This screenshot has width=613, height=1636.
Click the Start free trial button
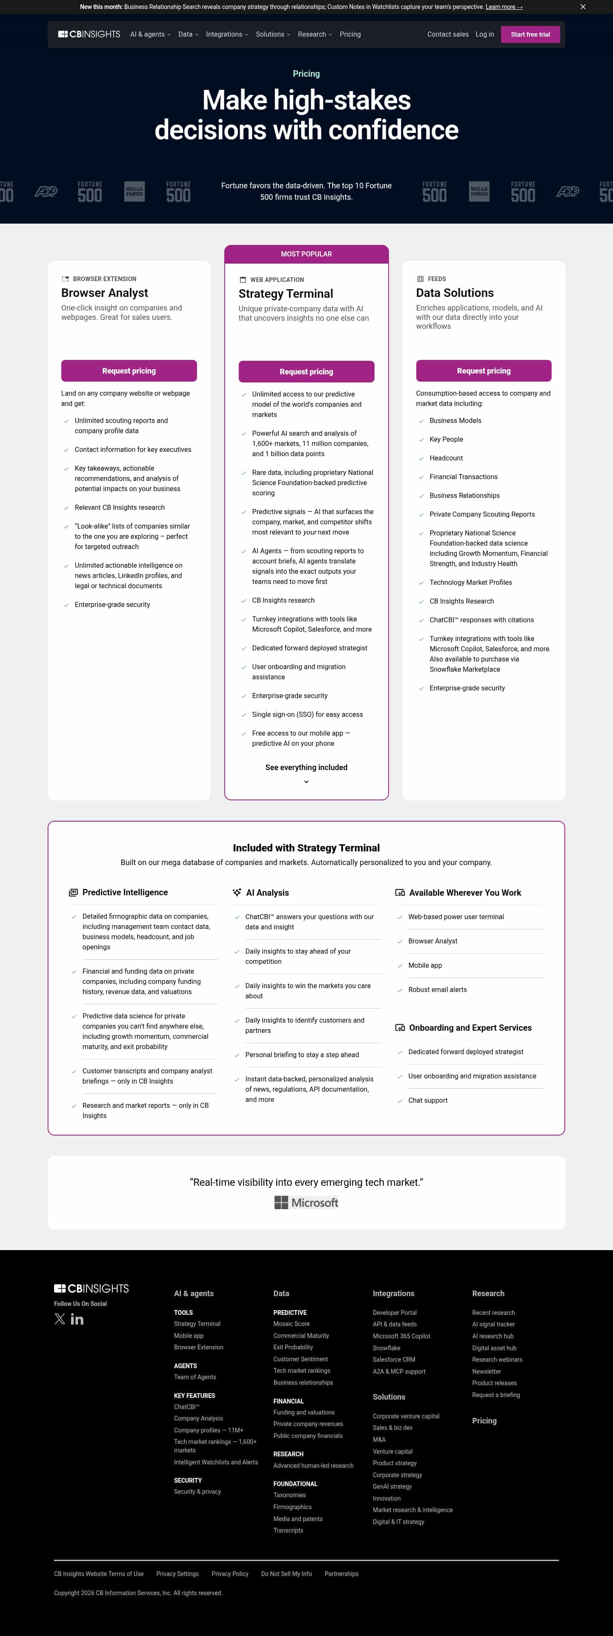pos(530,35)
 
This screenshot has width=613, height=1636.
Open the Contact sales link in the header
pos(447,35)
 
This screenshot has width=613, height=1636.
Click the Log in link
pos(484,35)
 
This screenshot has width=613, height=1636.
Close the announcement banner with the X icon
pos(582,7)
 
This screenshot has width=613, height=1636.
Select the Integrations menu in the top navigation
pos(226,35)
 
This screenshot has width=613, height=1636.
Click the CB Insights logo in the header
pos(89,35)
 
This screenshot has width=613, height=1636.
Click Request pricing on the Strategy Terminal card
pos(306,371)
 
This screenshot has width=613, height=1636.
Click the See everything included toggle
pos(306,772)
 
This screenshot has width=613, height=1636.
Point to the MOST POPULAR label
pos(306,254)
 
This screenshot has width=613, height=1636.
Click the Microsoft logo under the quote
pos(306,1202)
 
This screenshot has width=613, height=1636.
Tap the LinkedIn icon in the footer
pos(77,1319)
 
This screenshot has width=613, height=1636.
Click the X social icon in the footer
pos(60,1319)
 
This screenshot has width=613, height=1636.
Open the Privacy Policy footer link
pos(230,1574)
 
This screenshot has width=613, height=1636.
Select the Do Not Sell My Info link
pos(286,1574)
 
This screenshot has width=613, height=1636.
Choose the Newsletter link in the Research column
pos(486,1371)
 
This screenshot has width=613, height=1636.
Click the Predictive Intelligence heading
pos(125,892)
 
